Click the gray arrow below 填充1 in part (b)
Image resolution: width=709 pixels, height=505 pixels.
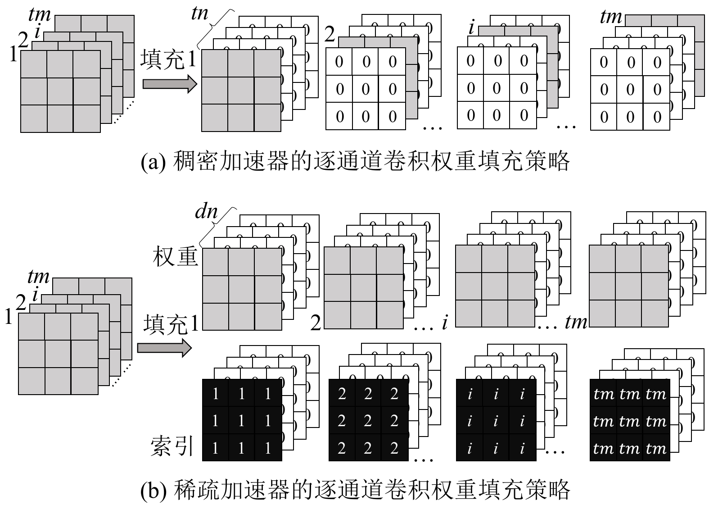[164, 348]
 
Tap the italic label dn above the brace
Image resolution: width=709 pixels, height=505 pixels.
[207, 211]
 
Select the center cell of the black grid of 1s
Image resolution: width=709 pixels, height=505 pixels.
[242, 421]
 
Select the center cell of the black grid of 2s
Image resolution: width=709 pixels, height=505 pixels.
[368, 421]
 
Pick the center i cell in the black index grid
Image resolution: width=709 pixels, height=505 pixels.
[496, 421]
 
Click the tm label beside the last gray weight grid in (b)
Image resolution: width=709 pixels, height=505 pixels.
[576, 322]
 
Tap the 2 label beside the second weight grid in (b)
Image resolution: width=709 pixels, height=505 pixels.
[316, 323]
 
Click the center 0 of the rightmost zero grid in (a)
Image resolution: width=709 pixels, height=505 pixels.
[630, 90]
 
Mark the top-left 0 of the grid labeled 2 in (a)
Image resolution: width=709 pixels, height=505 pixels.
[339, 62]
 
